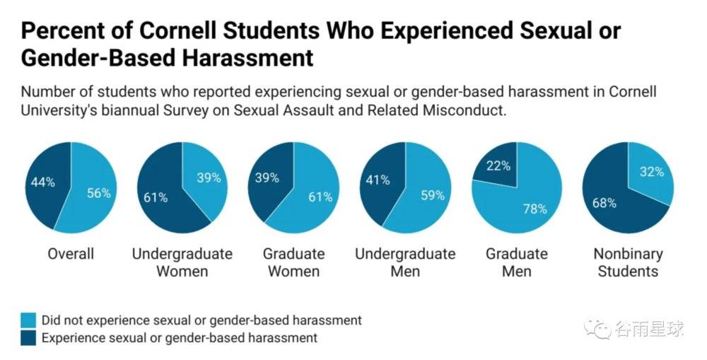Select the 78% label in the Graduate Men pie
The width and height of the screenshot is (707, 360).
point(534,208)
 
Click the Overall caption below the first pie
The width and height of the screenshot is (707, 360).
point(71,253)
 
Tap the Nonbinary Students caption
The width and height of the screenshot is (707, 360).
point(628,262)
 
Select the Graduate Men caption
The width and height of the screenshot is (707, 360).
point(516,262)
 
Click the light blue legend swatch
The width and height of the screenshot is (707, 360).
point(29,320)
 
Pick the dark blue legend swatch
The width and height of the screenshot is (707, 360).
point(29,338)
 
